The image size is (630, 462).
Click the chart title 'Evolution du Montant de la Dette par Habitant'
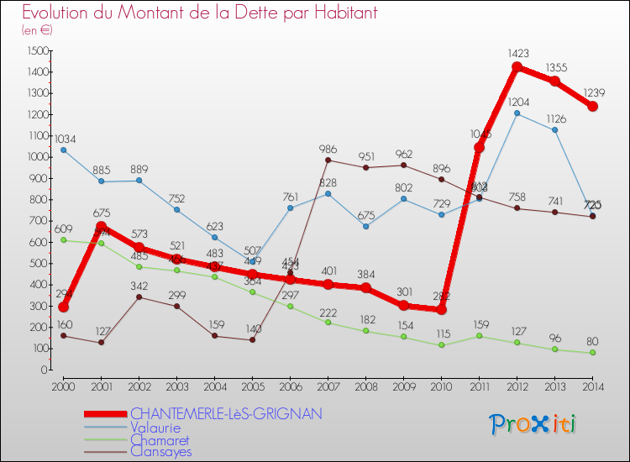(199, 13)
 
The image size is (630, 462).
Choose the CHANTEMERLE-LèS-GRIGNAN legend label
(226, 414)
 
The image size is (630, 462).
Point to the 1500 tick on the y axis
(36, 50)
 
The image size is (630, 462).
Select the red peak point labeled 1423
(517, 67)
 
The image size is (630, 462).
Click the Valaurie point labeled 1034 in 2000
(63, 150)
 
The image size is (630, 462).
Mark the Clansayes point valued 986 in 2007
(328, 160)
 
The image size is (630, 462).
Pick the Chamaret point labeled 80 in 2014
(592, 353)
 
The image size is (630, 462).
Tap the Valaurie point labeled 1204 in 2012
(517, 113)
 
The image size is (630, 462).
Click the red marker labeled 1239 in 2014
(592, 106)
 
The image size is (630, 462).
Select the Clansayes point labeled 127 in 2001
(101, 343)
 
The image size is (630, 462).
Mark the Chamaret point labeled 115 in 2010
(441, 345)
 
